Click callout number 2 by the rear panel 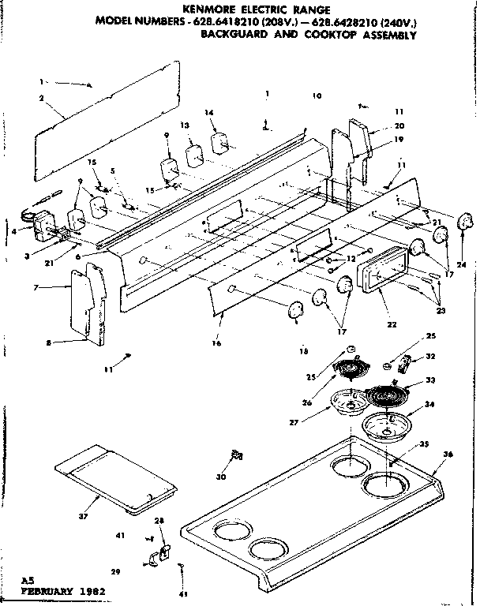click(x=40, y=99)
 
